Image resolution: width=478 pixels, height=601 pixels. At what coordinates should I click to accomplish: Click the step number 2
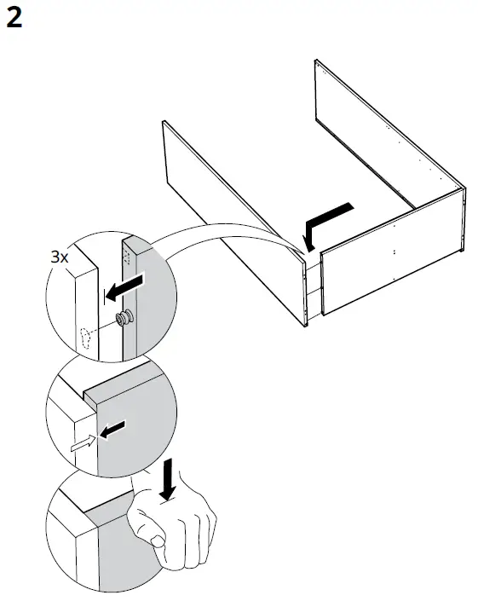[14, 18]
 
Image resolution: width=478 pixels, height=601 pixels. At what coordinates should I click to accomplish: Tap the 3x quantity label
[60, 257]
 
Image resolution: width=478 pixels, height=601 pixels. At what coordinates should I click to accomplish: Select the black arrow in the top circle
[124, 287]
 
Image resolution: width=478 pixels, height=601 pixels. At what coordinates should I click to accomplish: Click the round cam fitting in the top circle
[125, 317]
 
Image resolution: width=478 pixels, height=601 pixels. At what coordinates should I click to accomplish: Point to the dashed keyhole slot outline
[85, 338]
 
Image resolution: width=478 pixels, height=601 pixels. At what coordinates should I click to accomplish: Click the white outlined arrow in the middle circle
[84, 443]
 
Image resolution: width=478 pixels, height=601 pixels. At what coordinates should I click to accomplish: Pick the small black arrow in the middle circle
[112, 430]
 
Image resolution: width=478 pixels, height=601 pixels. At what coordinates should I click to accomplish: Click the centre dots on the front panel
[394, 251]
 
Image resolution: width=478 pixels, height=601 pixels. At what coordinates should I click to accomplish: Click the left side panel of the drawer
[235, 224]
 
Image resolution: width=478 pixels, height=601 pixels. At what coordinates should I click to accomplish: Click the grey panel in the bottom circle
[123, 552]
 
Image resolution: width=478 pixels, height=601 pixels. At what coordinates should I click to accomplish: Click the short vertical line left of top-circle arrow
[103, 297]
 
